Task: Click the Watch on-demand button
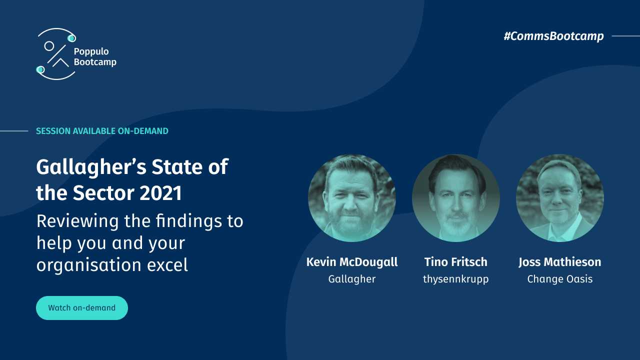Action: (x=82, y=308)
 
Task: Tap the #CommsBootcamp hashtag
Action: (x=553, y=36)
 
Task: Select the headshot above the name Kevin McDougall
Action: (x=352, y=198)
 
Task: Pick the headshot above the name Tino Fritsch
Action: (x=456, y=198)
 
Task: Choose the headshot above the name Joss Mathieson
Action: (x=560, y=198)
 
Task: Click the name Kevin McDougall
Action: (x=352, y=262)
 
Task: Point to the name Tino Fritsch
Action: (x=456, y=262)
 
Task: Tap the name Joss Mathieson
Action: (x=560, y=262)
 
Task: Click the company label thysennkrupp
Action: (x=456, y=279)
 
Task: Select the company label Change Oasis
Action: (x=560, y=279)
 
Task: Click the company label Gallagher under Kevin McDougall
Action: (x=352, y=279)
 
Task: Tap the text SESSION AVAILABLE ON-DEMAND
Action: (x=102, y=131)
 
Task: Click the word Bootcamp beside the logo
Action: (x=95, y=62)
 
